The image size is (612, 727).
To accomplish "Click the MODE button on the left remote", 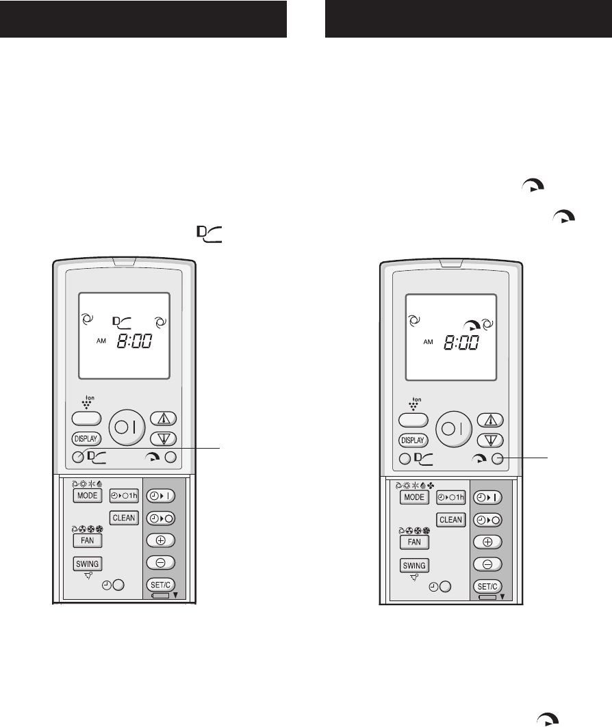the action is pos(87,495).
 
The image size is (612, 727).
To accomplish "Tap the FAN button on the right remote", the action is pos(414,542).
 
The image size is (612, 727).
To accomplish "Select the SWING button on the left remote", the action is pos(88,564).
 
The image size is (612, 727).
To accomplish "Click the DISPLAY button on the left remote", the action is pos(86,438).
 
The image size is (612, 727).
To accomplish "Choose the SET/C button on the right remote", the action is pos(487,586).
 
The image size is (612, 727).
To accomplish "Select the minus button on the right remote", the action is pos(487,564).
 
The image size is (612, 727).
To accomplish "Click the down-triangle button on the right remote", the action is pos(488,440).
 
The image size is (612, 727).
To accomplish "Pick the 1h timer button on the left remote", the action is pos(124,495).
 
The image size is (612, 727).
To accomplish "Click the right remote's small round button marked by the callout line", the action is pos(498,458).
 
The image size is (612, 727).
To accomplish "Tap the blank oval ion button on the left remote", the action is pos(86,418).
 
